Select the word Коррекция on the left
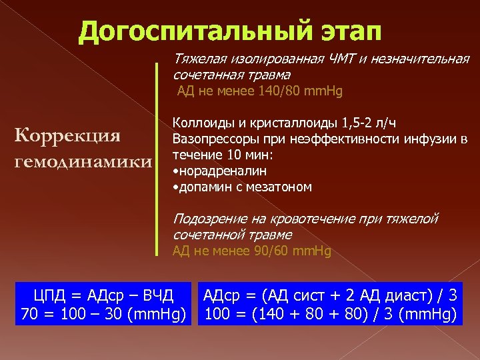click(67, 135)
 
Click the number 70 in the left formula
click(29, 313)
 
